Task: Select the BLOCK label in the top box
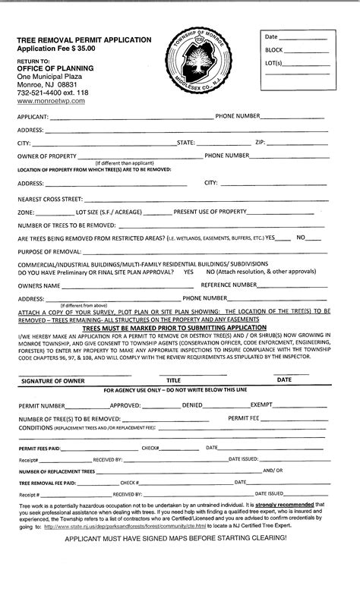click(274, 49)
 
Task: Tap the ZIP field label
click(260, 142)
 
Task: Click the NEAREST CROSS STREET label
click(49, 198)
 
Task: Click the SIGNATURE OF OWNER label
click(50, 379)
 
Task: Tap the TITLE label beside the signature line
click(174, 379)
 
